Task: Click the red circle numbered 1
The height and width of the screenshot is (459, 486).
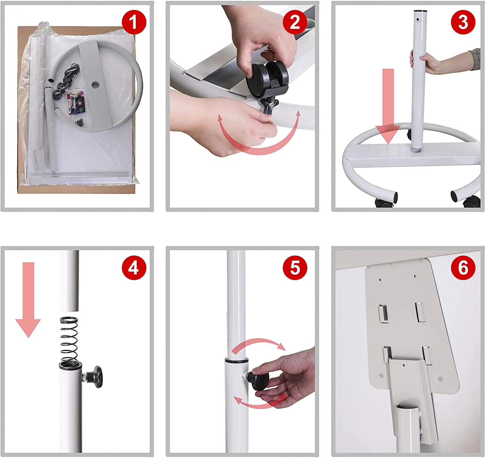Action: pos(134,22)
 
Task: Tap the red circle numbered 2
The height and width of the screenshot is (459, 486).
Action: pos(295,22)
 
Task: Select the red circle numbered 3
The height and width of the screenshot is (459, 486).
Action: pos(463,22)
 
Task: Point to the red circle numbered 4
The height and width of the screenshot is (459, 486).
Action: pos(134,268)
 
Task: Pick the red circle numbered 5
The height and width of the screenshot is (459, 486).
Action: pos(295,268)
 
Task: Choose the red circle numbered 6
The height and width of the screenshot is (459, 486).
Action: pos(463,268)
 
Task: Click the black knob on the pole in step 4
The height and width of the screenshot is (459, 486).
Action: pos(96,377)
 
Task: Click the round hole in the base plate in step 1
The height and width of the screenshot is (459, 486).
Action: pos(95,85)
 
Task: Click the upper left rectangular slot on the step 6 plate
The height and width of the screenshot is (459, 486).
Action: pos(383,314)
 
